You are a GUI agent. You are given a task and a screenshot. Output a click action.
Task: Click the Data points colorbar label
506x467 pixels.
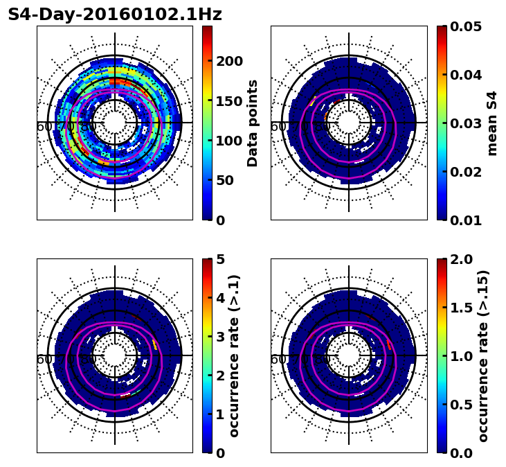[253, 123]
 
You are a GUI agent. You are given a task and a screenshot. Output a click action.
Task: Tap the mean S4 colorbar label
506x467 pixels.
[492, 123]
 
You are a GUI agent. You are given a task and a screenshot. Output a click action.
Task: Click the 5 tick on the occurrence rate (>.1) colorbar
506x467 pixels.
[221, 259]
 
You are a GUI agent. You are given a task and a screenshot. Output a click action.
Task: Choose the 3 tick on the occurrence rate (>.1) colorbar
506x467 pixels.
[221, 337]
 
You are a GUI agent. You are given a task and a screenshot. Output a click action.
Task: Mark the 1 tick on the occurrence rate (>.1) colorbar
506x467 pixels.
[221, 414]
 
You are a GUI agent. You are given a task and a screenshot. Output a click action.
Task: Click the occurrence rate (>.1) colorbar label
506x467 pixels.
[234, 355]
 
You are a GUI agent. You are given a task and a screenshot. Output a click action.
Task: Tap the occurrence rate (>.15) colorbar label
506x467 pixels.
[483, 355]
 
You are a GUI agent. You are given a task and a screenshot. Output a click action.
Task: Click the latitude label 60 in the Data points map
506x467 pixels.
[44, 127]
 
